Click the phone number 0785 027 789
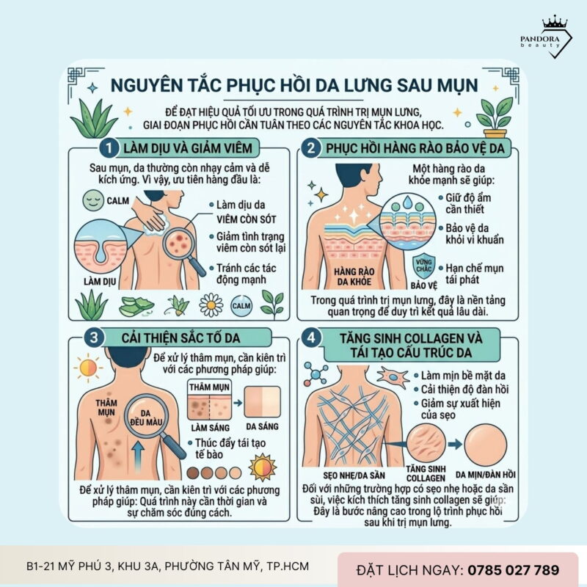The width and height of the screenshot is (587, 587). (x=513, y=569)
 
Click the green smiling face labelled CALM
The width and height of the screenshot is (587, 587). (x=92, y=200)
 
